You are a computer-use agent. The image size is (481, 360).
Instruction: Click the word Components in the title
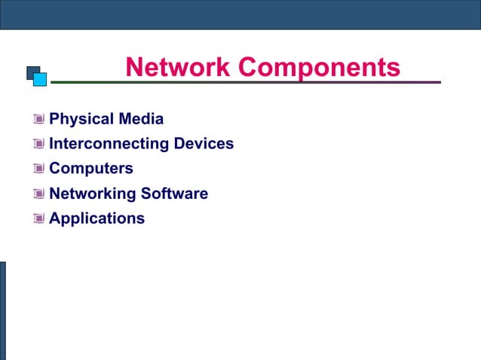[319, 67]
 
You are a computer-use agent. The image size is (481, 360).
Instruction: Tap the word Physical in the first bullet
[81, 119]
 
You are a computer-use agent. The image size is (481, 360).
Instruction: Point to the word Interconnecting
[109, 143]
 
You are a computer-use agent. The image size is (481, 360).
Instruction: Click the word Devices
[204, 143]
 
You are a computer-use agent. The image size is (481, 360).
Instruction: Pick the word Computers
[91, 169]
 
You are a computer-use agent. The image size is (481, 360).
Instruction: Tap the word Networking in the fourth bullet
[92, 194]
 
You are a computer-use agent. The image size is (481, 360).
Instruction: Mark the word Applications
[97, 218]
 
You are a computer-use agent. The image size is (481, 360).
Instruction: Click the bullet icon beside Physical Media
[39, 119]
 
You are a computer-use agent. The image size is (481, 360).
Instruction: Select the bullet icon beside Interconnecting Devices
[39, 144]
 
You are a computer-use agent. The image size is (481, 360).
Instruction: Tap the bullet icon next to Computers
[39, 169]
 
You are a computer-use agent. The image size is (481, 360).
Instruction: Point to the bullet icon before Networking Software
[39, 194]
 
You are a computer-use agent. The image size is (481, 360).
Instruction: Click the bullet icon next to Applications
[39, 218]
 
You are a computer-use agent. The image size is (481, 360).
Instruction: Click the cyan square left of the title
[41, 78]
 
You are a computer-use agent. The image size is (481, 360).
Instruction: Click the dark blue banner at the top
[240, 14]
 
